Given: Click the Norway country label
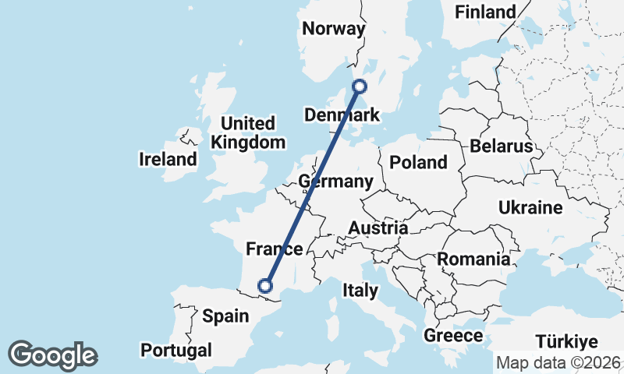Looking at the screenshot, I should point(334,29).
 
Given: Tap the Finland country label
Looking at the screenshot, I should point(485,12).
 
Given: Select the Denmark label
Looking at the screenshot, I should point(342,115).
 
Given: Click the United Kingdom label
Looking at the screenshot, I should point(248,132).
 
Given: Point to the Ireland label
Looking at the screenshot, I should point(168,160).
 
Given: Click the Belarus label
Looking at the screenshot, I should point(501,146).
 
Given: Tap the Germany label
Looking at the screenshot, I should point(336,182).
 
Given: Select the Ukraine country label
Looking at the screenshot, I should point(530,207).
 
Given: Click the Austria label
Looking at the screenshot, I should point(378,228).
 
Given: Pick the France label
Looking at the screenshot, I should point(274,249).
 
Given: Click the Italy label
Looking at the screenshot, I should point(360,291).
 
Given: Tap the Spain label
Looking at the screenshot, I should point(225,316).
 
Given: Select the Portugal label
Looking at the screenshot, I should point(176,349).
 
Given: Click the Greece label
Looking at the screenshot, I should point(452,336).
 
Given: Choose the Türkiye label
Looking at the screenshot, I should point(566,341).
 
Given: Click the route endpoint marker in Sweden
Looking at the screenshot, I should point(360,86).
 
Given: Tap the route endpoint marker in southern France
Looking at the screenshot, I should point(265,286).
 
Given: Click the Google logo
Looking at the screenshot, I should point(53,355).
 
